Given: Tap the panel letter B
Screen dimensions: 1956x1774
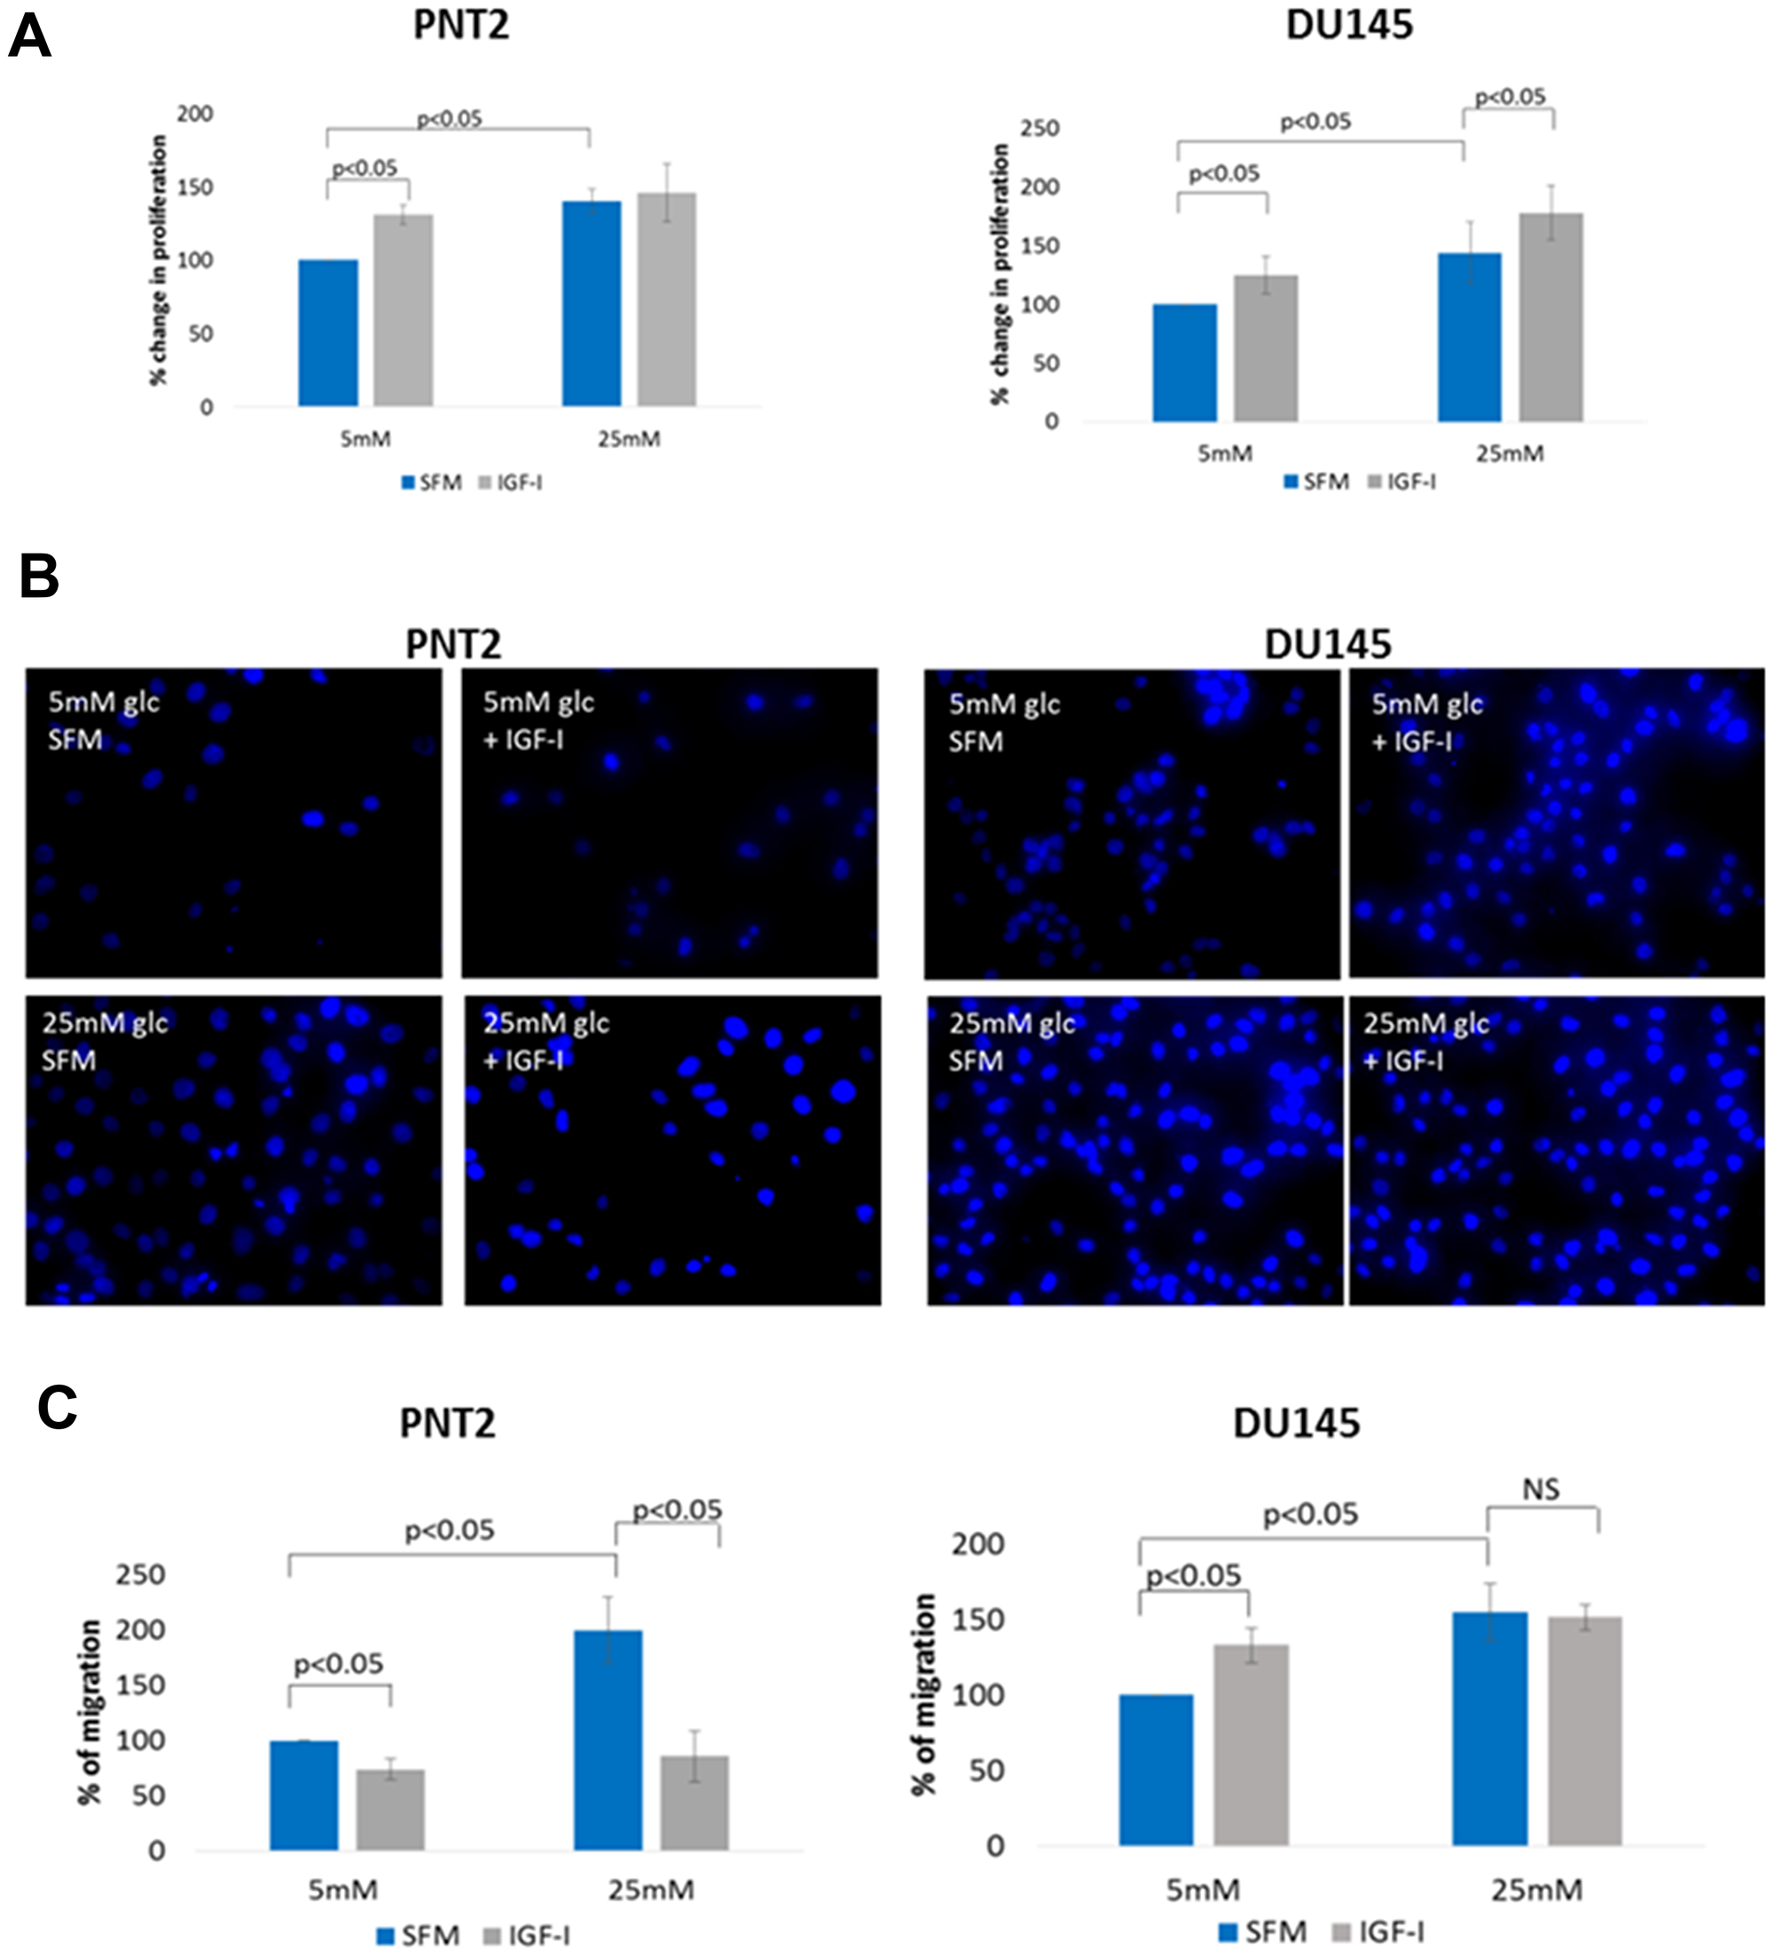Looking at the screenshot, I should tap(39, 577).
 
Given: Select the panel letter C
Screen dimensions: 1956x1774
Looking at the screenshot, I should tap(58, 1407).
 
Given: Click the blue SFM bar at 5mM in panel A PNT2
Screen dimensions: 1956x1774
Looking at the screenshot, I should tap(328, 333).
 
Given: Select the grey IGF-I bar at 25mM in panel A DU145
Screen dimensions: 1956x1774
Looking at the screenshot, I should tap(1550, 318).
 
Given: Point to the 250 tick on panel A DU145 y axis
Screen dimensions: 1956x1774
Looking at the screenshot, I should tap(1039, 128).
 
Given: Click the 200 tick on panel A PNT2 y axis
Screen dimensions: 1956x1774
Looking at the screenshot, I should tap(194, 114).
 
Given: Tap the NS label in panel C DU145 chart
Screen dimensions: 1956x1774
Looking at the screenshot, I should tap(1540, 1489).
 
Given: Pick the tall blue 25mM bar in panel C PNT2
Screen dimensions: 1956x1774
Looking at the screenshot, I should tap(608, 1740).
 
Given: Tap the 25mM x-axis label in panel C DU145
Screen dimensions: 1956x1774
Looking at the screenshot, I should tap(1536, 1890).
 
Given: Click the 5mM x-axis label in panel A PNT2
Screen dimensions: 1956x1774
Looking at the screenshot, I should tap(365, 439).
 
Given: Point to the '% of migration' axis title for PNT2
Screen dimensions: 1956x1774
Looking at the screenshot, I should tap(90, 1712).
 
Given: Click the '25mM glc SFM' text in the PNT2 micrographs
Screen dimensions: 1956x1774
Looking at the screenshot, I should tap(105, 1041).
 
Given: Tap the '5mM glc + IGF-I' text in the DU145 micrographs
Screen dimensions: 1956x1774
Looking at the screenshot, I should tap(1425, 722).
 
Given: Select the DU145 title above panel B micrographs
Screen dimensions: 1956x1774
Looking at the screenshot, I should tap(1327, 644).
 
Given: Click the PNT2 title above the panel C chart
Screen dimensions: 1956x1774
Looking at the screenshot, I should tap(447, 1424).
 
